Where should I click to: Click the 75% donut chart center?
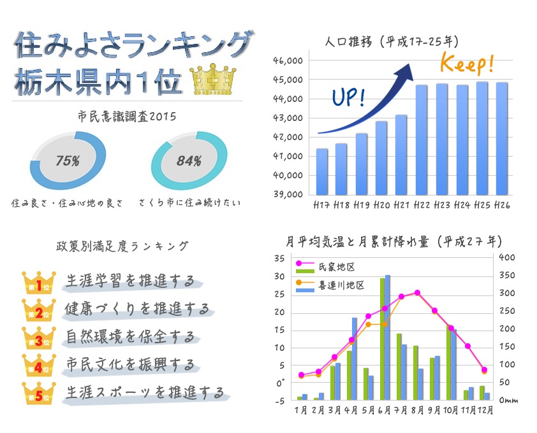pos(67,161)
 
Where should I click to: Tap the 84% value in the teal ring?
pos(189,161)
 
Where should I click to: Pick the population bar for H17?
pos(322,171)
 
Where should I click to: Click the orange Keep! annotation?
pos(467,64)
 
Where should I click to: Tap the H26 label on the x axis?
pos(501,205)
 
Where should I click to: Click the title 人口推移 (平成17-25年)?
pos(391,42)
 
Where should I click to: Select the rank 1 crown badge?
pos(39,283)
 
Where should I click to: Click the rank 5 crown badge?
pos(39,393)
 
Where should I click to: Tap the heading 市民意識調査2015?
pos(126,117)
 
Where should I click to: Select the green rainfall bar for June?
pos(382,339)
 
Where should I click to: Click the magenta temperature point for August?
pos(417,293)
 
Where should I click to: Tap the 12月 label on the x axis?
pos(485,411)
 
